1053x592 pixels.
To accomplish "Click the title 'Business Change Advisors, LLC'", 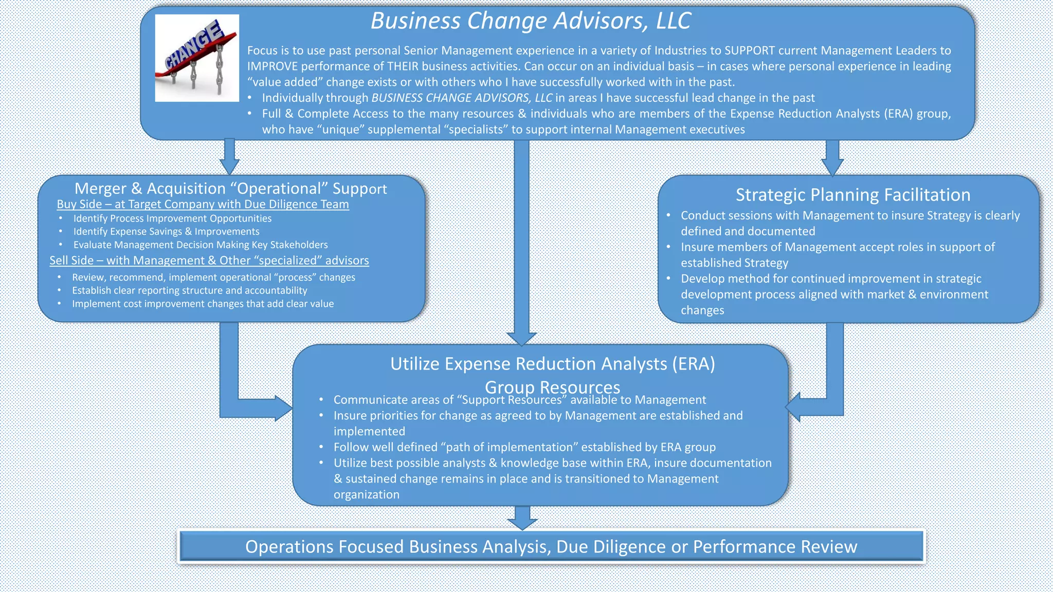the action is (x=531, y=21).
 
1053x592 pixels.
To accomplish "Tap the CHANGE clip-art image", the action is (x=197, y=58).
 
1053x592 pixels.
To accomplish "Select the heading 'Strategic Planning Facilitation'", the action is (x=852, y=195).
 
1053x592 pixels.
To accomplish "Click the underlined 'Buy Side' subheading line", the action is (x=203, y=204).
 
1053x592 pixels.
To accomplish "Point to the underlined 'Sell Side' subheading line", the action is (x=209, y=261).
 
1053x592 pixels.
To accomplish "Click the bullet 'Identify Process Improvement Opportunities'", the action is (x=172, y=218).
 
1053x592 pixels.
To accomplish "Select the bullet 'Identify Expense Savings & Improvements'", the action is (x=166, y=232).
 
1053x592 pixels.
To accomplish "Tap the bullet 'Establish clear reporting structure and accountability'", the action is (x=189, y=290).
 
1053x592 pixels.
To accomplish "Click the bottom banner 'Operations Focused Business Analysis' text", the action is (x=551, y=546).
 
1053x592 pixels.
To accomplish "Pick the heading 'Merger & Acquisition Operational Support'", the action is (x=230, y=189).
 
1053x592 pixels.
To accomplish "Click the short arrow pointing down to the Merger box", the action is (x=229, y=157).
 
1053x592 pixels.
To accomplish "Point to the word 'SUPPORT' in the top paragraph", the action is (x=749, y=50).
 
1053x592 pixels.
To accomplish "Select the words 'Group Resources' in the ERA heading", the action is (x=552, y=386).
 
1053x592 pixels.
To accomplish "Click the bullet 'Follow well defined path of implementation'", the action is (x=524, y=447).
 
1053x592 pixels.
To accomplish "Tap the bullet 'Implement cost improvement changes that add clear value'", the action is (x=203, y=304).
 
